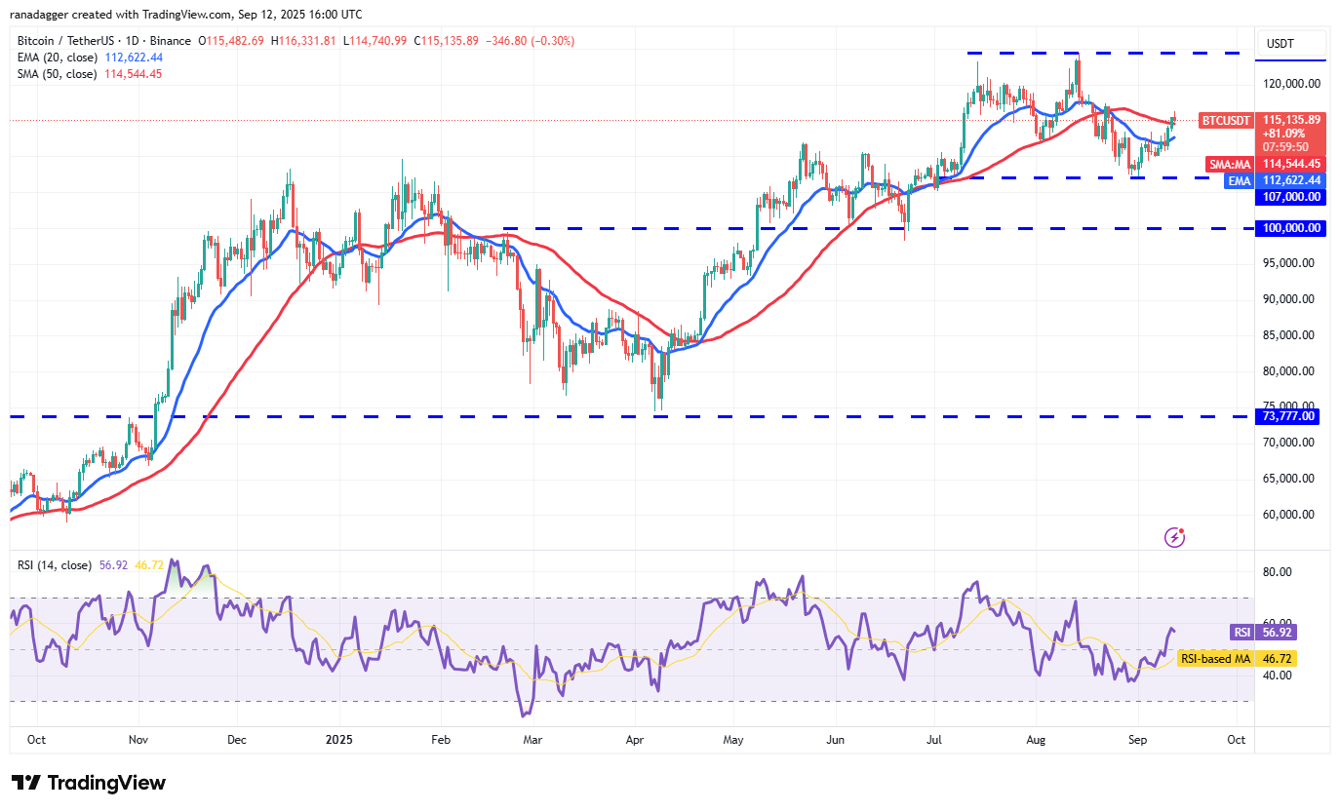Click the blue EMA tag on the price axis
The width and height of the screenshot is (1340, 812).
click(x=1239, y=180)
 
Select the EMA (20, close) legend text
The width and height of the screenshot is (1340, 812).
click(x=58, y=57)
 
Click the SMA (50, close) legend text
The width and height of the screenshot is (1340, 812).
click(x=58, y=73)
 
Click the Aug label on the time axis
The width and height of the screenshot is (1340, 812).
click(x=1037, y=740)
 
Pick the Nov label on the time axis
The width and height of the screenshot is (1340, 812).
click(x=138, y=740)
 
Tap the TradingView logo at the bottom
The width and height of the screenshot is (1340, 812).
click(x=89, y=783)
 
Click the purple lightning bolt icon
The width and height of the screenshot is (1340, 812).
click(x=1175, y=537)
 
